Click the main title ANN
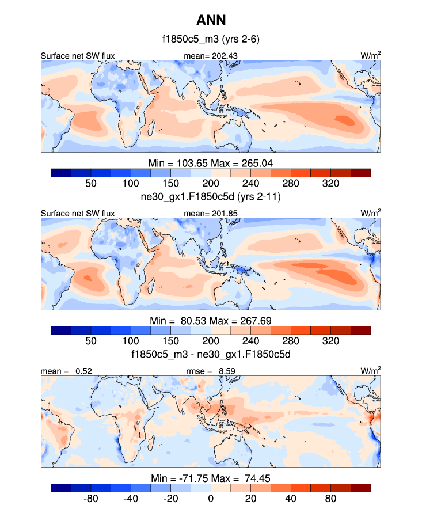[x=211, y=21]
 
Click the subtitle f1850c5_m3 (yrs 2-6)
[x=211, y=40]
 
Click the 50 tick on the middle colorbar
[x=90, y=340]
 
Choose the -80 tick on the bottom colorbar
[x=90, y=498]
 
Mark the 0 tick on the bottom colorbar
[x=211, y=498]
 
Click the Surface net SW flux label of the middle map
[x=78, y=214]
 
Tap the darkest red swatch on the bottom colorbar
[x=360, y=488]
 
